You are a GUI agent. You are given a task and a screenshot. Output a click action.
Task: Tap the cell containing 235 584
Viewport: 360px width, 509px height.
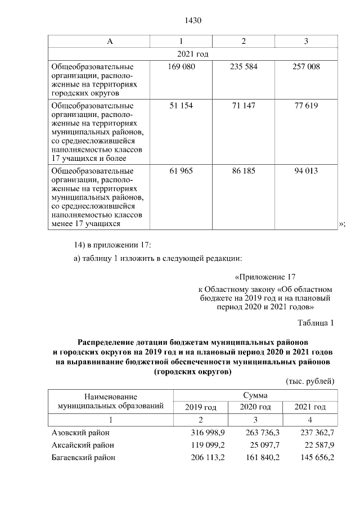click(x=244, y=67)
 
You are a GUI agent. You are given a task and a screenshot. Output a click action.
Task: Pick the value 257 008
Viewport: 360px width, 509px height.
click(x=307, y=67)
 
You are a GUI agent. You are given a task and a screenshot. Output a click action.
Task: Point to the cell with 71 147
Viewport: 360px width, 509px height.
click(x=244, y=106)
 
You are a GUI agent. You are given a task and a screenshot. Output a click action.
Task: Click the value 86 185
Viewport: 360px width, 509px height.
click(x=244, y=170)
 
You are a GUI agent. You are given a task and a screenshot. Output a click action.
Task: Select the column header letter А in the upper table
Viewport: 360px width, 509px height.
click(x=110, y=42)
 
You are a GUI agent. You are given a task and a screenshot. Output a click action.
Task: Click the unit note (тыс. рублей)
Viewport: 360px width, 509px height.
click(x=310, y=381)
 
